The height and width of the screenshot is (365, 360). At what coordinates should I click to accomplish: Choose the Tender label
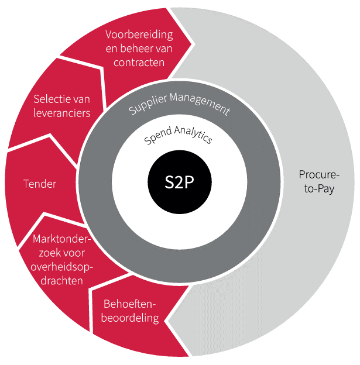[40, 184]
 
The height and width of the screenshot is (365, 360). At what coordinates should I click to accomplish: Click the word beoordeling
[131, 318]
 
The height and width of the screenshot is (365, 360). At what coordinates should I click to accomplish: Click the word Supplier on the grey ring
[147, 105]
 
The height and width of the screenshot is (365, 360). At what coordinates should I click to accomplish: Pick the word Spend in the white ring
[157, 138]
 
